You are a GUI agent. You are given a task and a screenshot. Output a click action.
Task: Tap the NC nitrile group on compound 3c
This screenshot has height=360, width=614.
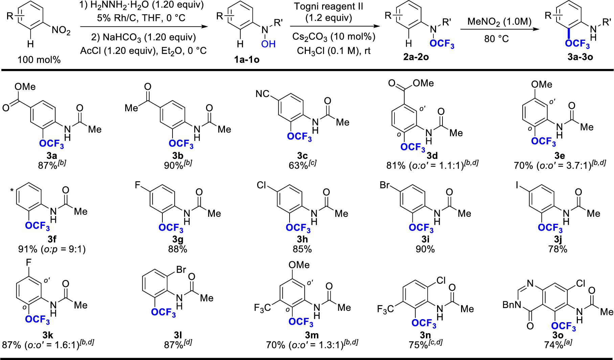[x=263, y=94]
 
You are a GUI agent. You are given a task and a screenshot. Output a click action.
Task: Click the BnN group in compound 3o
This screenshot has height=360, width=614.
[x=511, y=305]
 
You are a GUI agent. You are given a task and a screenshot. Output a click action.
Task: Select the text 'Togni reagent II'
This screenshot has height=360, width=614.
[x=328, y=6]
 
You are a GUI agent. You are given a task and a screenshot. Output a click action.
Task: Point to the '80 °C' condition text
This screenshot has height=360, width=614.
[x=496, y=39]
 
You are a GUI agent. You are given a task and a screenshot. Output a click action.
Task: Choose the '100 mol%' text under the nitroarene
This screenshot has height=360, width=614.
[x=39, y=60]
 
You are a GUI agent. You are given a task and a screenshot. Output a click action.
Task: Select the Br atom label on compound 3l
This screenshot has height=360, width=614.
[x=181, y=269]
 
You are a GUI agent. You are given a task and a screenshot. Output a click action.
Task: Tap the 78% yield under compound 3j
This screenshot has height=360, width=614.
[x=558, y=249]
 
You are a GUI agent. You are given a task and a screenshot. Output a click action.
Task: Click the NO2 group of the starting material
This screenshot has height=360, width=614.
[x=61, y=31]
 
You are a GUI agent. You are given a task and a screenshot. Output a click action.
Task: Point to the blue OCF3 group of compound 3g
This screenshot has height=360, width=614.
[x=171, y=228]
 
